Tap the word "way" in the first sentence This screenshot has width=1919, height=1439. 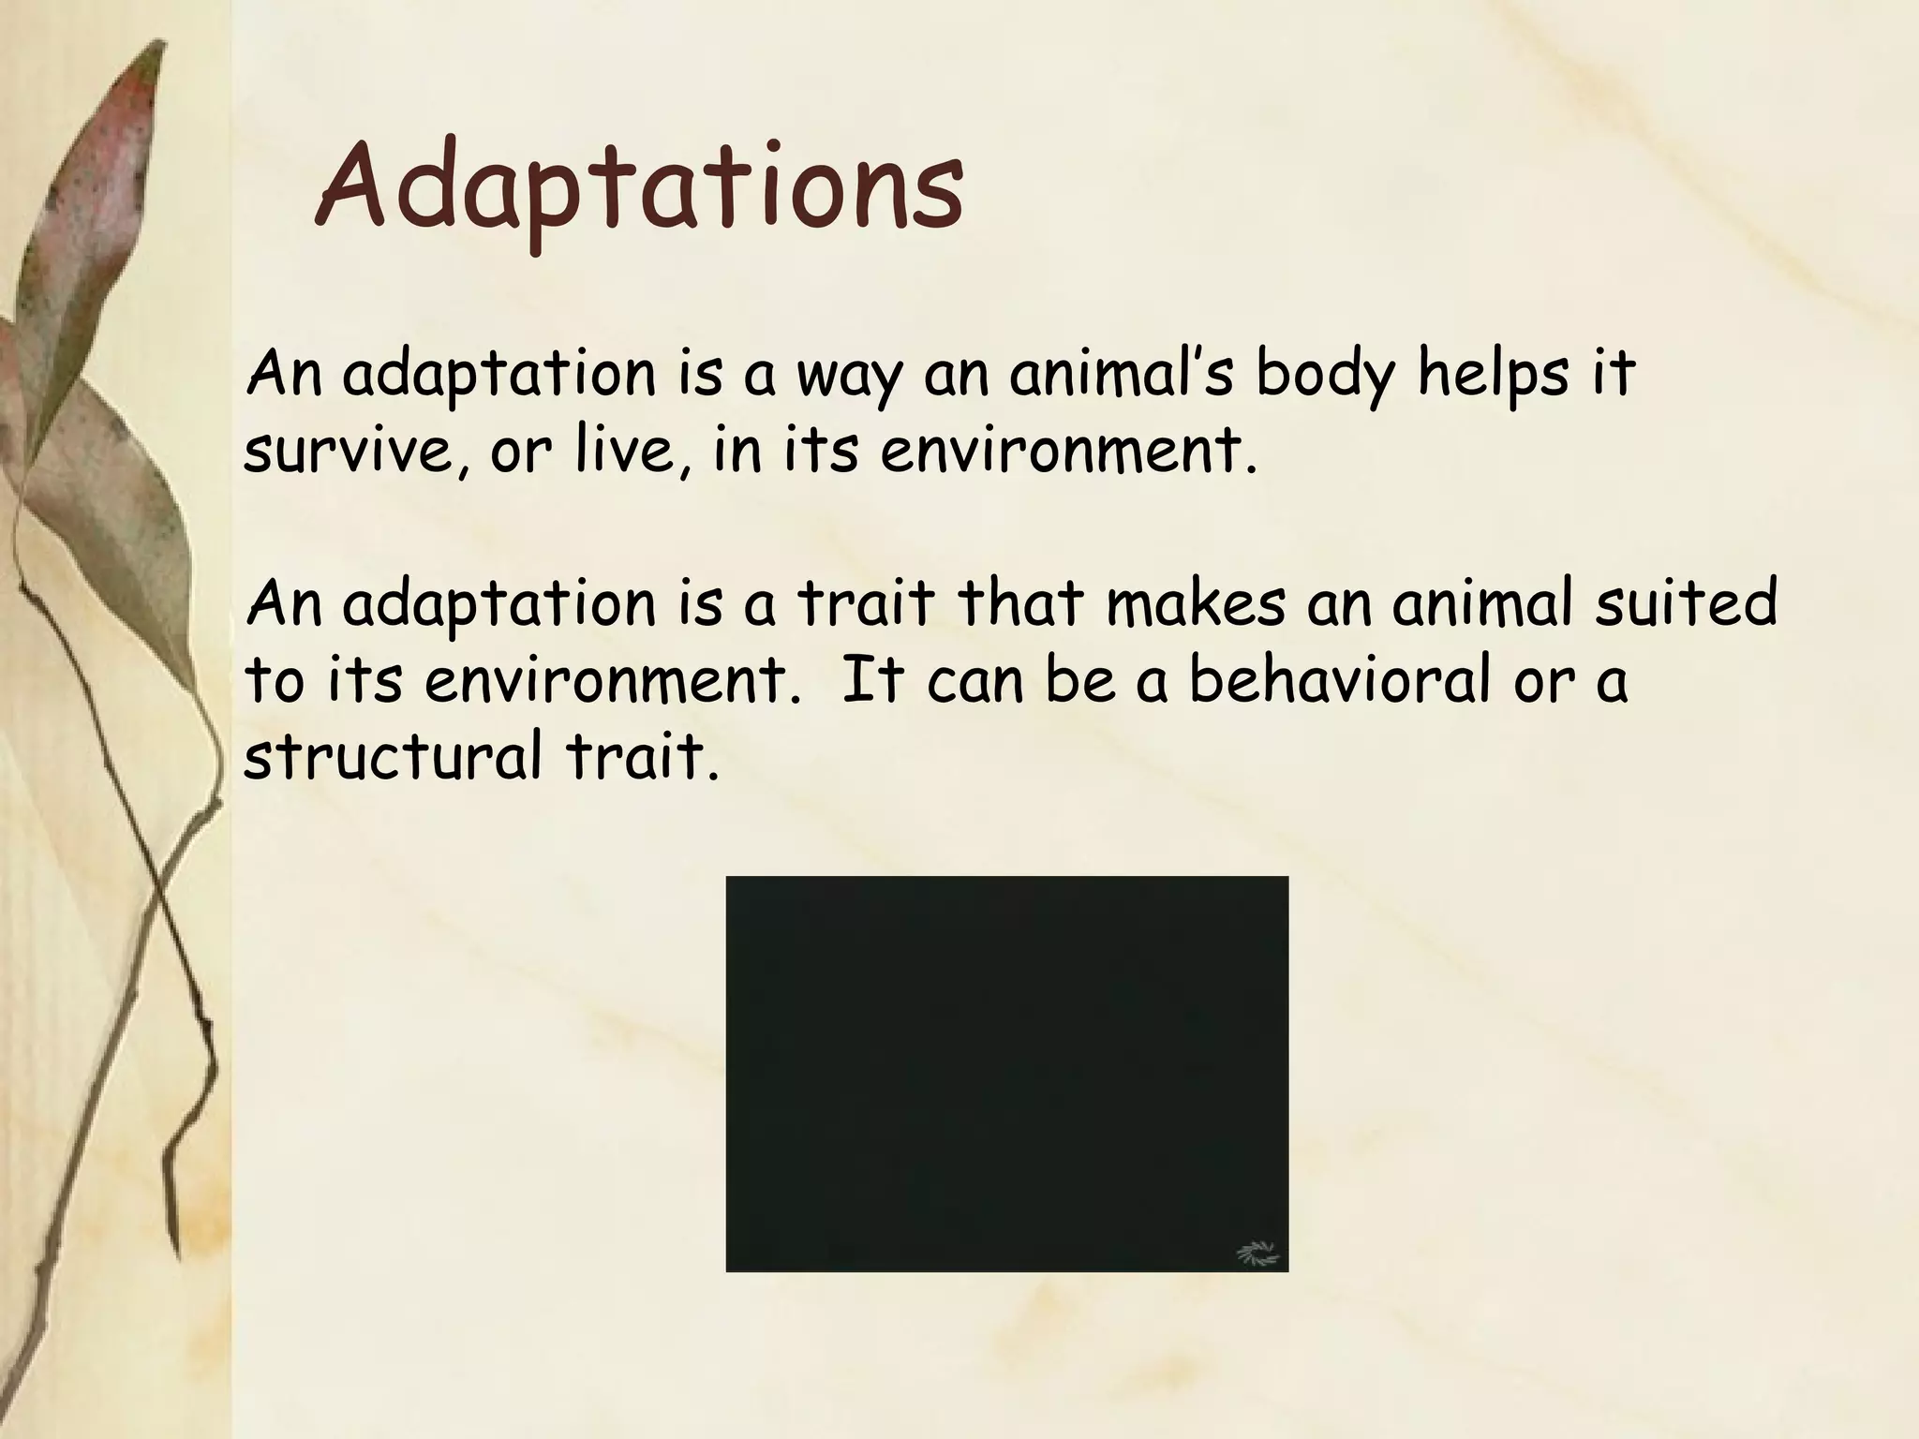pos(847,377)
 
